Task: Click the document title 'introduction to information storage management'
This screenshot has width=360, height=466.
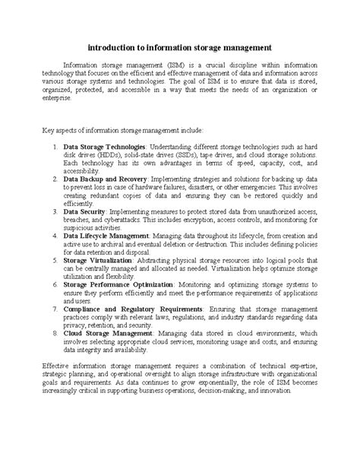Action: (180, 46)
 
